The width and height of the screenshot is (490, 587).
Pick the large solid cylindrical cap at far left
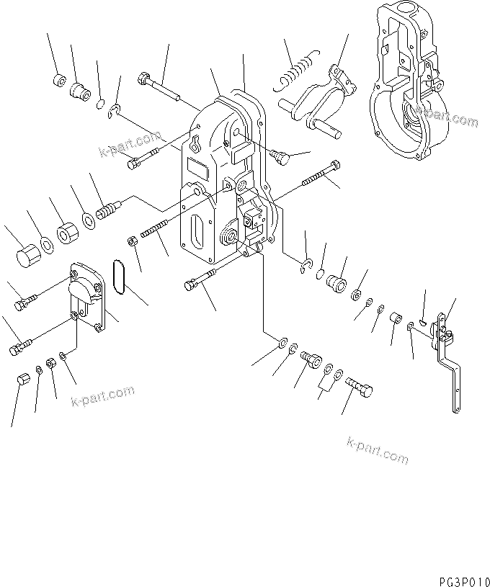[x=26, y=256]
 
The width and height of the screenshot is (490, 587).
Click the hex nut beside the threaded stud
[x=133, y=239]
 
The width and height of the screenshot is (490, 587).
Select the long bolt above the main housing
[x=161, y=86]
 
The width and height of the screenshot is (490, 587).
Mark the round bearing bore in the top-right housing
[x=416, y=114]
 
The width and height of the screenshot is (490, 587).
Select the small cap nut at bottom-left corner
[x=22, y=380]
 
